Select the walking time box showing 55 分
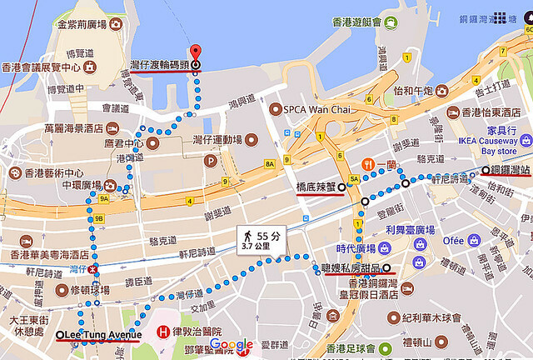pos(260,241)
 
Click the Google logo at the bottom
pos(232,345)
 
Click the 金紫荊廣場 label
pos(84,23)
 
